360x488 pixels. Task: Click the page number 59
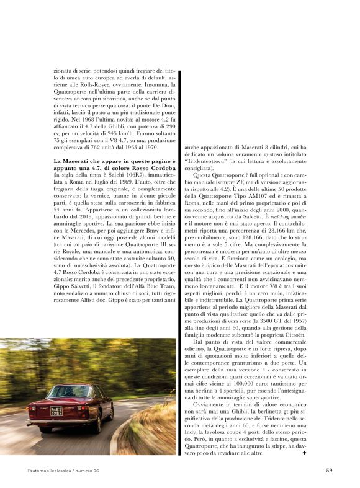pyautogui.click(x=329, y=470)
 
